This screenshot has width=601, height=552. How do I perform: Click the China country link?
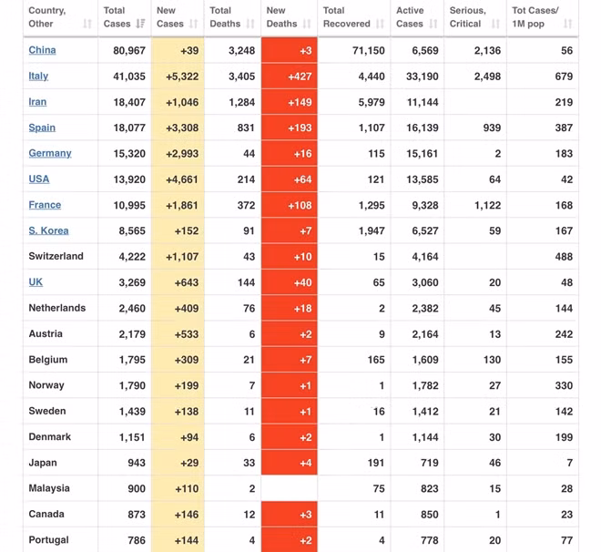42,50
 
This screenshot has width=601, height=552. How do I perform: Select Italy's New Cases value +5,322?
182,77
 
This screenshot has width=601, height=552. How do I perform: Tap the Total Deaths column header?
225,17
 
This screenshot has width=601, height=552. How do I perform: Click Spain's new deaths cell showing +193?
290,128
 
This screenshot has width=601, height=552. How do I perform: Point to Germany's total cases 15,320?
129,154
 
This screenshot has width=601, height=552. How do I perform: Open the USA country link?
39,179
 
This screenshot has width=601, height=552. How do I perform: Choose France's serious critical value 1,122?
487,205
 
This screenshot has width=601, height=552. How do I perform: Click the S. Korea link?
48,230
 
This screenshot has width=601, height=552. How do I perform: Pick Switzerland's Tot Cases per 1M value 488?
564,257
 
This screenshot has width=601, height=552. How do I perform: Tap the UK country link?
36,282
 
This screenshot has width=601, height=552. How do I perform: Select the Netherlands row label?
57,308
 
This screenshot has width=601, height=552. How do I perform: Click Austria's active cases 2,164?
425,334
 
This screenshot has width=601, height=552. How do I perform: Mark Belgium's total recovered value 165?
376,360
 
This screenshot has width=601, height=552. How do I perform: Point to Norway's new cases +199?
187,385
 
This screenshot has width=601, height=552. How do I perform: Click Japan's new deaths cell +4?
290,463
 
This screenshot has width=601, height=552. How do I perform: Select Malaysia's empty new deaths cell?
290,488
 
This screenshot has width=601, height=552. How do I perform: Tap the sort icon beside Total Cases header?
140,24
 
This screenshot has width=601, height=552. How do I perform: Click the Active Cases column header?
410,17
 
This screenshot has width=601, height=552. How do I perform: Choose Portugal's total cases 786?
137,540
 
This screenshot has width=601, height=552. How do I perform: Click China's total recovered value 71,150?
369,50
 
